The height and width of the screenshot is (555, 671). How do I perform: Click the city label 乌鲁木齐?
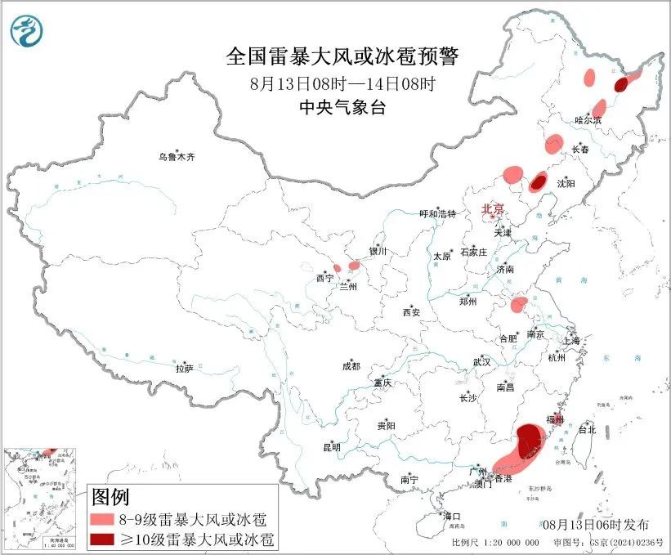[x=177, y=156]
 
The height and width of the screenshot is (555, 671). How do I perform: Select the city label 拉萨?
[x=184, y=369]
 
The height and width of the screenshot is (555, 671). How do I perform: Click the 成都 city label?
[x=351, y=367]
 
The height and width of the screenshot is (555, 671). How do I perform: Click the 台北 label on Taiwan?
[x=587, y=429]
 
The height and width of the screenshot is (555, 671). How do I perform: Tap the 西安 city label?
[x=411, y=312]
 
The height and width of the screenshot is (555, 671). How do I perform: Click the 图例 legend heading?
[x=110, y=496]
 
